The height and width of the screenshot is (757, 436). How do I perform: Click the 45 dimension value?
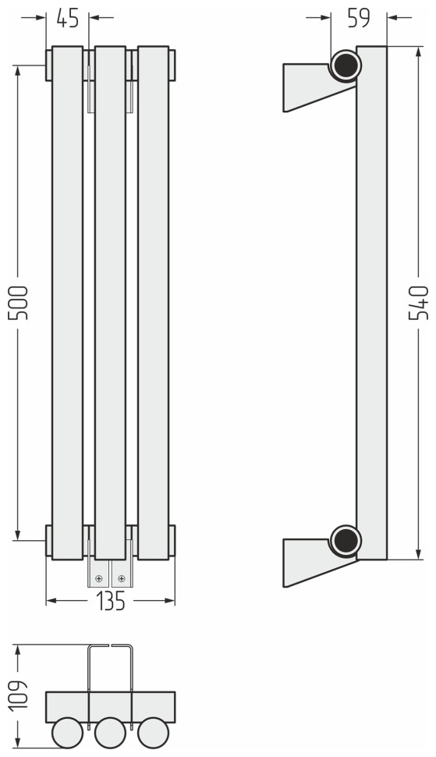click(68, 18)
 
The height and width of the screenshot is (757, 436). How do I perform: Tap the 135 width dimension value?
click(111, 601)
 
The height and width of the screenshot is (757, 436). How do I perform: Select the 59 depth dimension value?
click(358, 18)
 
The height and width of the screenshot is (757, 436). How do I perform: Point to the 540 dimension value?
click(418, 303)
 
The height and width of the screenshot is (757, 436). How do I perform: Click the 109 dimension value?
click(18, 695)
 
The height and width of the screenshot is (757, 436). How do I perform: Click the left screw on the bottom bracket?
click(99, 578)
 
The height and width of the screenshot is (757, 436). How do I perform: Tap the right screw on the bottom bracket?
click(122, 578)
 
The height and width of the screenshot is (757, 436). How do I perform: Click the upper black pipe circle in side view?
click(346, 66)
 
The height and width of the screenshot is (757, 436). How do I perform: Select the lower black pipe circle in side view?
click(346, 541)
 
